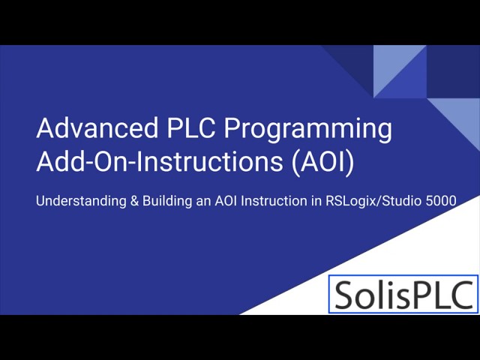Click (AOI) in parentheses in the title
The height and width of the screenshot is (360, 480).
(x=321, y=163)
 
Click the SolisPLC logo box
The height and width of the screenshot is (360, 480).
(x=403, y=293)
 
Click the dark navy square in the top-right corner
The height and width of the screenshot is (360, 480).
(x=454, y=71)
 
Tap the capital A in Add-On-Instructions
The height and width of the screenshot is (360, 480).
(x=45, y=163)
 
